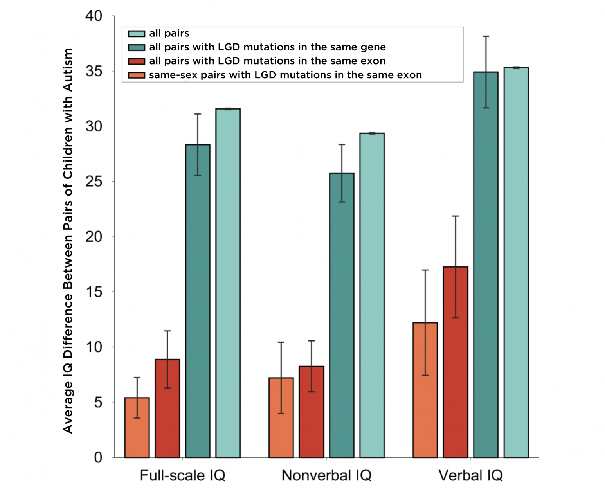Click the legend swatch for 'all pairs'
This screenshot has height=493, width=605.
coord(137,34)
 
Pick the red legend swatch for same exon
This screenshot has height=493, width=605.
coord(137,61)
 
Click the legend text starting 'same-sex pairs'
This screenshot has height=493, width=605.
coord(285,75)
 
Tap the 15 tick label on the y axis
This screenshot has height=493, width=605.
coord(94,292)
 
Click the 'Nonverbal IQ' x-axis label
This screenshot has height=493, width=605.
coord(326,476)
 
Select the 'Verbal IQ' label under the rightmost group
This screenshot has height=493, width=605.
coord(470,476)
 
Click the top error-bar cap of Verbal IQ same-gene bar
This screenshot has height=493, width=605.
coord(486,36)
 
